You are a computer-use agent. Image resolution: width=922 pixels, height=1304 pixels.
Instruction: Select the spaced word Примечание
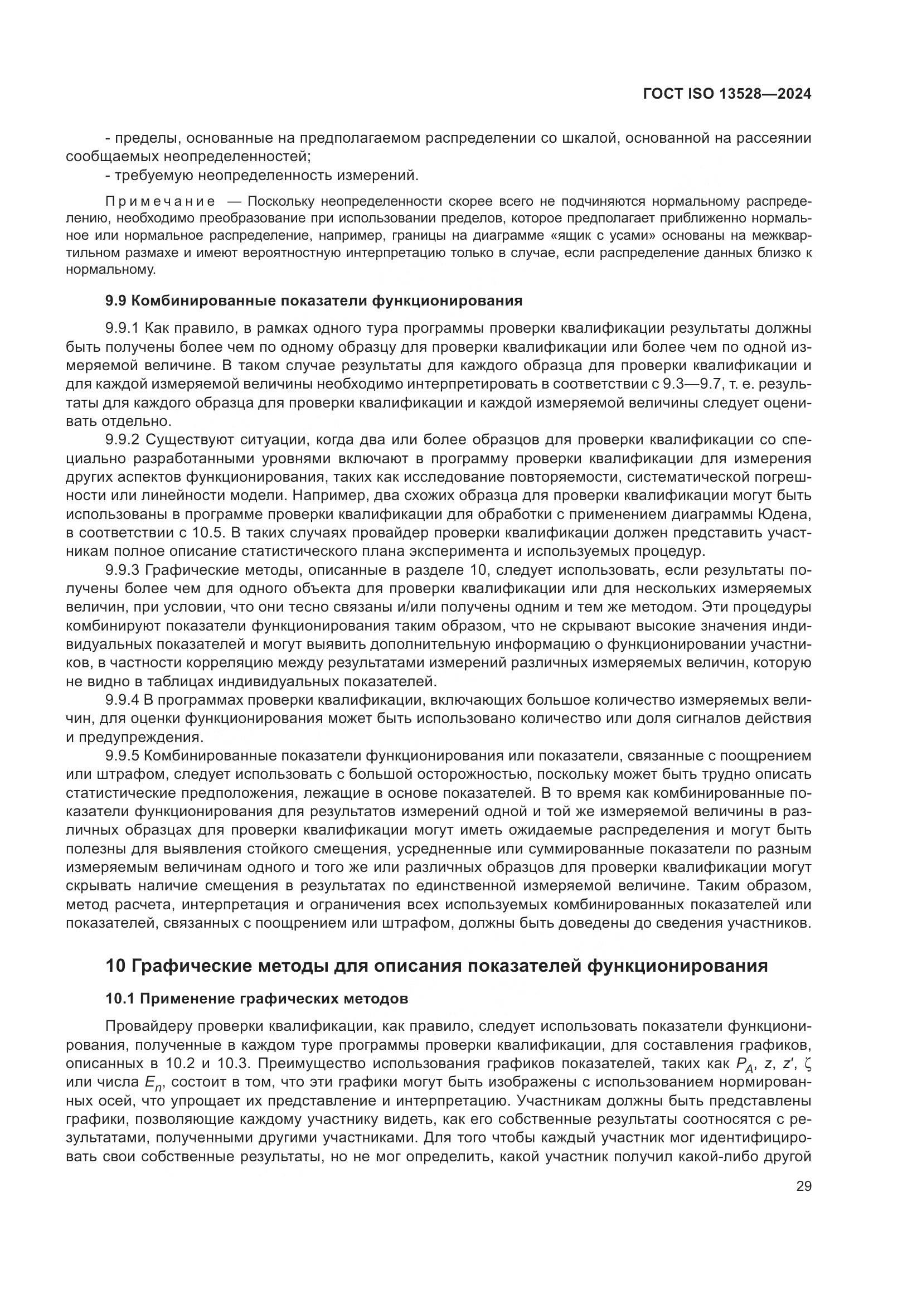160,202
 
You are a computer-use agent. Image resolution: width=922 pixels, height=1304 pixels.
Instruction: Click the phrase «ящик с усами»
623,235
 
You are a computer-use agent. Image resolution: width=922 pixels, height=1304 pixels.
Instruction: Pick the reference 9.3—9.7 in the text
695,385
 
